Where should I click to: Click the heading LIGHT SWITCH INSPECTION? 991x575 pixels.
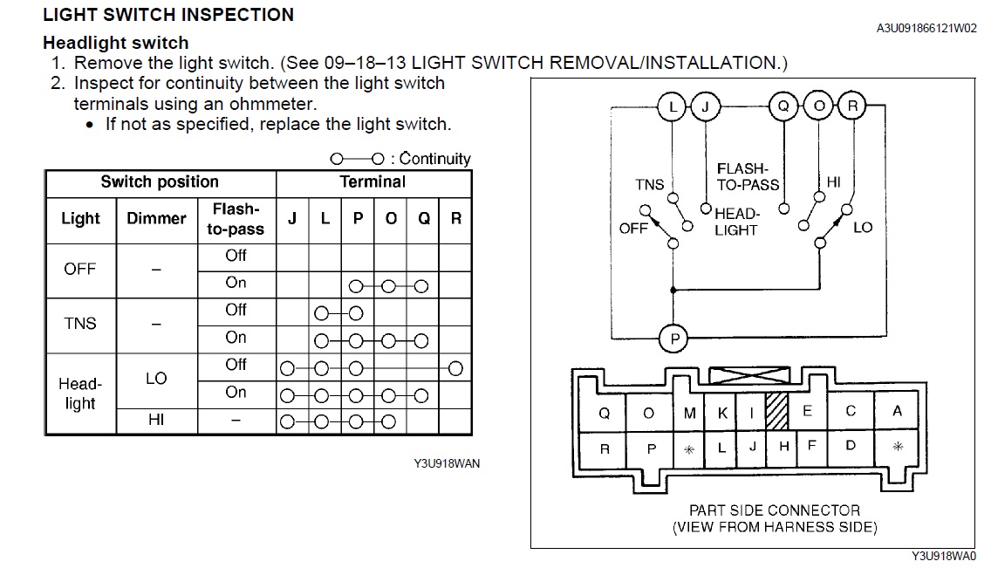pyautogui.click(x=168, y=15)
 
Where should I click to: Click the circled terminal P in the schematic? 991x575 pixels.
pyautogui.click(x=673, y=339)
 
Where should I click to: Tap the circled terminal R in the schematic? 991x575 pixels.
pyautogui.click(x=852, y=106)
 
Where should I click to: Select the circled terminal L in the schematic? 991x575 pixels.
pyautogui.click(x=673, y=106)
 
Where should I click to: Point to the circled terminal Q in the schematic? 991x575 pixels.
pyautogui.click(x=783, y=106)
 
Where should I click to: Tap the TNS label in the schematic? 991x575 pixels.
pyautogui.click(x=650, y=185)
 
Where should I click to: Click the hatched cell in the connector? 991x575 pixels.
pyautogui.click(x=776, y=411)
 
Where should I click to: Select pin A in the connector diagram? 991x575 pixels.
pyautogui.click(x=897, y=412)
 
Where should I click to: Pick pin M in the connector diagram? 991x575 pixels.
pyautogui.click(x=689, y=413)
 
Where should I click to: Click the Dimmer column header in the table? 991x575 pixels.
pyautogui.click(x=157, y=219)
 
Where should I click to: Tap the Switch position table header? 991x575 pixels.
pyautogui.click(x=160, y=182)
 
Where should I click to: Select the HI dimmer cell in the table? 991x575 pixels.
pyautogui.click(x=157, y=420)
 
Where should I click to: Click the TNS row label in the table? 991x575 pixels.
pyautogui.click(x=80, y=323)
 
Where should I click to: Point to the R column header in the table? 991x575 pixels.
pyautogui.click(x=455, y=219)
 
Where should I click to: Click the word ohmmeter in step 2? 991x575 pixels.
pyautogui.click(x=269, y=104)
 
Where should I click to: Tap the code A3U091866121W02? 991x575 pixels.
pyautogui.click(x=926, y=28)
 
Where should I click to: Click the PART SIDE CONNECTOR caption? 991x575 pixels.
pyautogui.click(x=775, y=510)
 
